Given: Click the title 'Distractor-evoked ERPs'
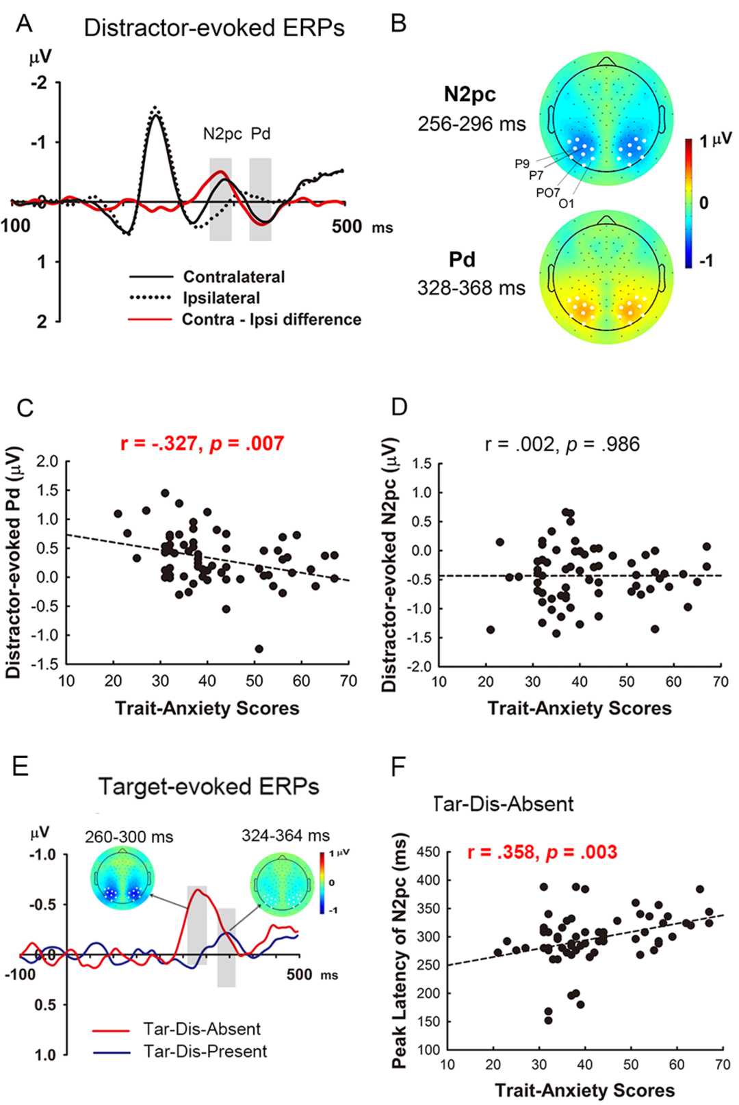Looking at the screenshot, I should point(214,28).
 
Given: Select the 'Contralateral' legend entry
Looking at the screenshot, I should point(233,277).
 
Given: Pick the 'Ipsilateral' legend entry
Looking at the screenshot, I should point(221,298).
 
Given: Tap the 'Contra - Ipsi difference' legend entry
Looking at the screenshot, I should point(271,320).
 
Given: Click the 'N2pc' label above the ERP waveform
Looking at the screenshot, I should point(222,134).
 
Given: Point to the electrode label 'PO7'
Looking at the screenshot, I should point(547,193).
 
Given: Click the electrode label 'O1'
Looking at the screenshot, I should point(567,204).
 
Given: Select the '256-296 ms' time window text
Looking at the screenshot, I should point(471,124).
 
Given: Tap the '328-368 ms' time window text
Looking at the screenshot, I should point(471,288).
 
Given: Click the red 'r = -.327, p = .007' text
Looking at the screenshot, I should point(202,443).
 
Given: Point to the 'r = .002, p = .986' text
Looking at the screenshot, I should point(562,444).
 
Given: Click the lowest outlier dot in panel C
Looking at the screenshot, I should point(259,649).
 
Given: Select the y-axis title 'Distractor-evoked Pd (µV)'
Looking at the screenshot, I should point(13,562).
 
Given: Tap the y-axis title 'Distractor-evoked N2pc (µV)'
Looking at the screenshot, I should point(389,564).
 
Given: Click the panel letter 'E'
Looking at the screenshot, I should point(21,766).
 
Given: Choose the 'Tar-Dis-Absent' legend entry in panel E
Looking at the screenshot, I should point(201,1029).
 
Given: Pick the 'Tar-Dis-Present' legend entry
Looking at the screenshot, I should point(205,1052).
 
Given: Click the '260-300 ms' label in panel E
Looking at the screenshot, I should point(129,837).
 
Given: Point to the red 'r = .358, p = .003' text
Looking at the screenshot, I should point(542,852).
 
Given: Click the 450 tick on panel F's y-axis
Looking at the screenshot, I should point(428,852).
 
